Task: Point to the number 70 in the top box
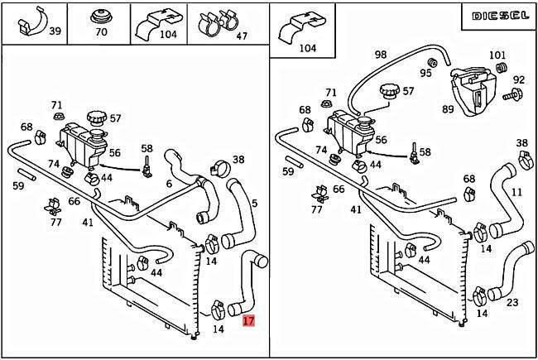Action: point(101,33)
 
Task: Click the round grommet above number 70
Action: point(102,16)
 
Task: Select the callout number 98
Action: point(380,55)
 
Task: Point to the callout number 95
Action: point(425,73)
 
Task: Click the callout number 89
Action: point(447,108)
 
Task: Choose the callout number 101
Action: point(497,56)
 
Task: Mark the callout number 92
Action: point(518,80)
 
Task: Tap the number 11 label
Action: point(517,191)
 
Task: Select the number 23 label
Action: point(512,302)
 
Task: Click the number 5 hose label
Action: point(254,203)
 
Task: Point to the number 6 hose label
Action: point(169,184)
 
